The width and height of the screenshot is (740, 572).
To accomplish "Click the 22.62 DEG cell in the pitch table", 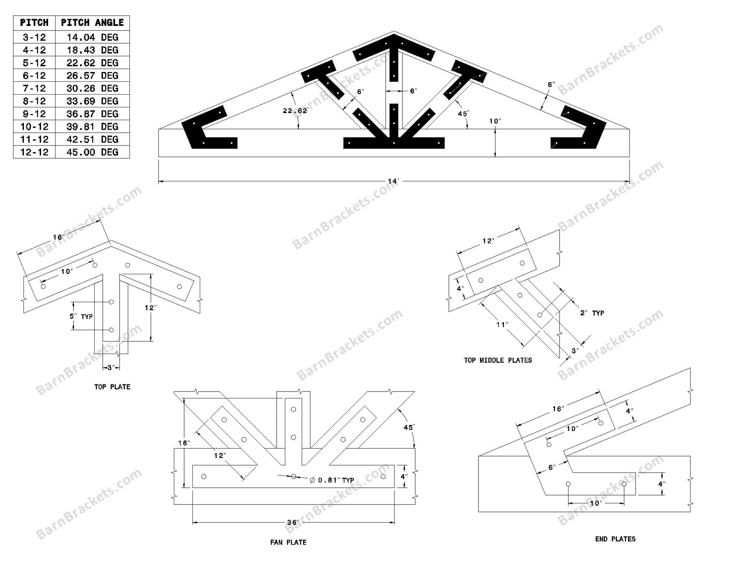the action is click(92, 63).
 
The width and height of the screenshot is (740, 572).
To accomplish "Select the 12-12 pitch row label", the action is click(34, 152).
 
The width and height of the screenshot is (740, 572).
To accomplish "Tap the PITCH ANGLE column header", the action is click(92, 23).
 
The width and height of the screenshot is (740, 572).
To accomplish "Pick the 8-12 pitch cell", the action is click(34, 101).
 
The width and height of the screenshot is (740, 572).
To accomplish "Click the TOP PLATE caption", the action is click(112, 387).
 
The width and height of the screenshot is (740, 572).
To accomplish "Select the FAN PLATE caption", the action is click(288, 542).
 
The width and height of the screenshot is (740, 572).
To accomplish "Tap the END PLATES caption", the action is click(615, 539).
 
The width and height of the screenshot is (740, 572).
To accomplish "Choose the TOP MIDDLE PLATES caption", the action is click(498, 360).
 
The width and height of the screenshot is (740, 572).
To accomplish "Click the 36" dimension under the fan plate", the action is click(293, 523).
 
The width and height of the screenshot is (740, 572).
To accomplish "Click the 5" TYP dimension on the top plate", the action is click(81, 316).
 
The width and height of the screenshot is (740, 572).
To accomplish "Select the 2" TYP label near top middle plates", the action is click(592, 313).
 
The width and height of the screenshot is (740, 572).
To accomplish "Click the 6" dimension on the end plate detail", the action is click(552, 467).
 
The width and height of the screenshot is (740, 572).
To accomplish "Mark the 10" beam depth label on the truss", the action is click(495, 121).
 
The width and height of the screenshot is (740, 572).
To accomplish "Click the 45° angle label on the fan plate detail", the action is click(408, 427).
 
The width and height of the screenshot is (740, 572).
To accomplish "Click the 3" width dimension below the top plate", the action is click(110, 368).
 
